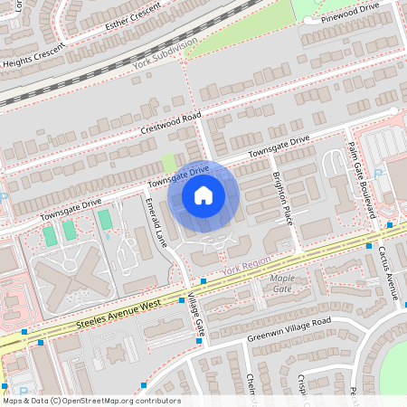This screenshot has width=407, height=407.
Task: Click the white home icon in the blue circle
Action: (203, 195)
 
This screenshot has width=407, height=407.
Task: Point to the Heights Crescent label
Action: (33, 60)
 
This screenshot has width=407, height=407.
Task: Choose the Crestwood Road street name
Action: (171, 125)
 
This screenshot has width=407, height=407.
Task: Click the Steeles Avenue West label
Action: (118, 314)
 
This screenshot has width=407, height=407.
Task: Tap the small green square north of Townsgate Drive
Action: (169, 163)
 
